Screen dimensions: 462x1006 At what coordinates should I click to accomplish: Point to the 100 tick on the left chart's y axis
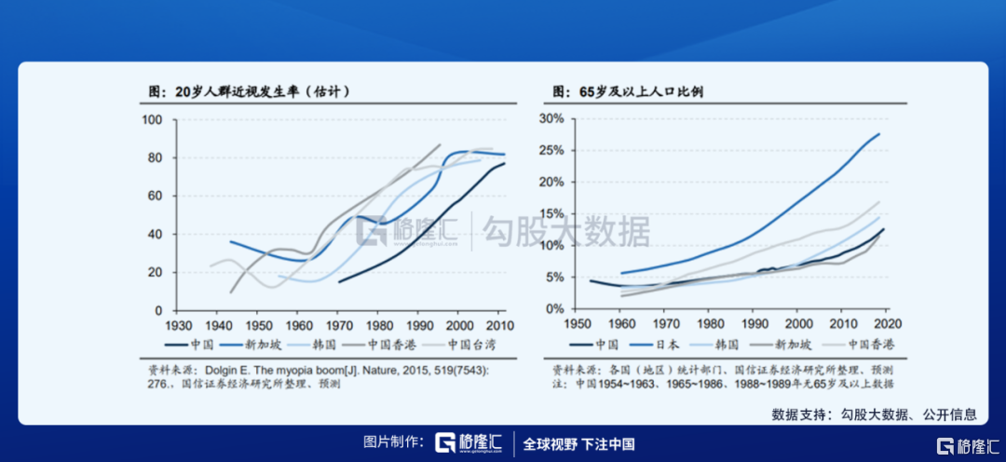[x=152, y=119]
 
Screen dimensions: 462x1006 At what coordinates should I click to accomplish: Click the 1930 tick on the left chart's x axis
[x=179, y=325]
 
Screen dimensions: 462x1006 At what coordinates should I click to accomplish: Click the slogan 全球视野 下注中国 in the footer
[x=578, y=443]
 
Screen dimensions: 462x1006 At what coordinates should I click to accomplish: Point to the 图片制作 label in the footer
[x=395, y=443]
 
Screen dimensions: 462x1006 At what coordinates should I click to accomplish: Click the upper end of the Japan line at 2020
[x=879, y=134]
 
